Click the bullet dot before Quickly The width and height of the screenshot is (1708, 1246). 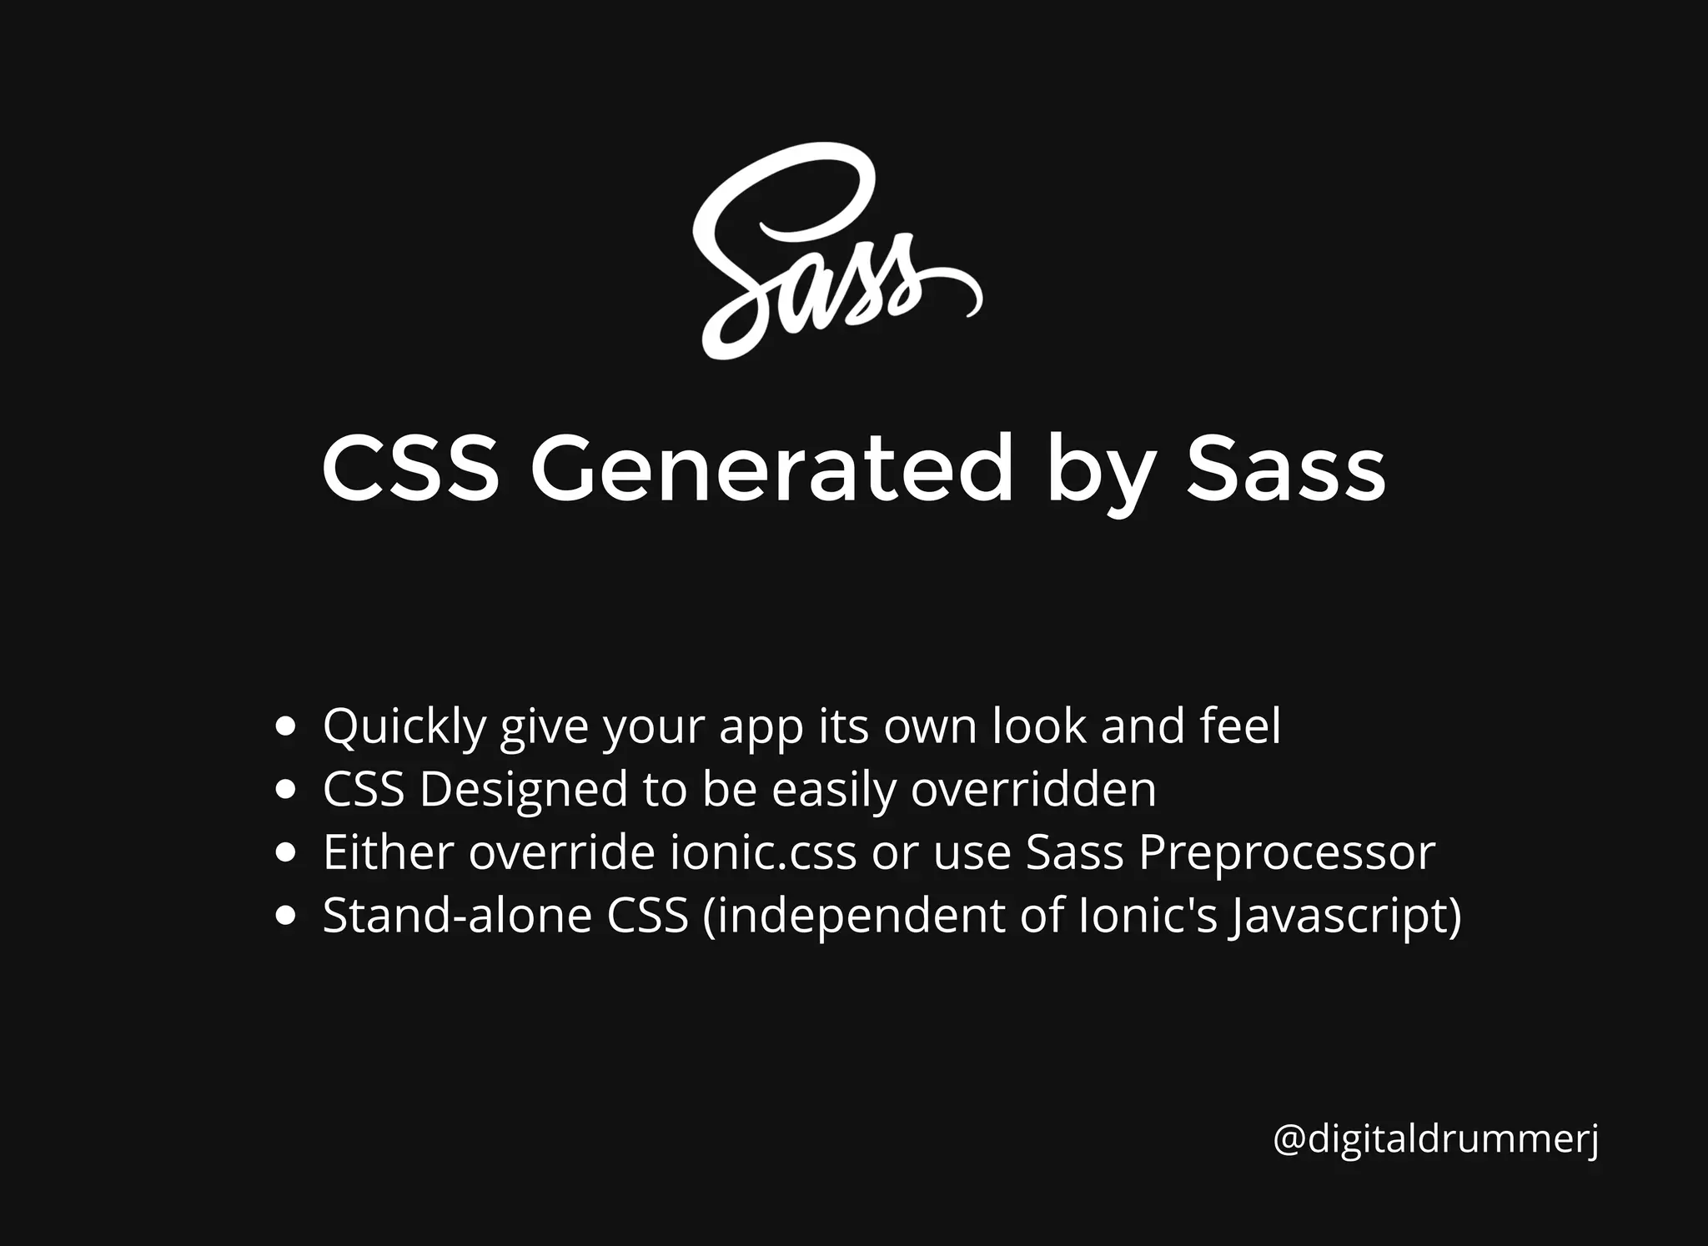[x=286, y=726]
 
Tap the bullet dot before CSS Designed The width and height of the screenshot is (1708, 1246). [x=286, y=790]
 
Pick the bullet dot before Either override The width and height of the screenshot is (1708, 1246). [x=286, y=852]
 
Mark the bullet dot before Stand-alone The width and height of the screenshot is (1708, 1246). [x=286, y=916]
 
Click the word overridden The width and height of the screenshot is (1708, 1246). [x=1033, y=789]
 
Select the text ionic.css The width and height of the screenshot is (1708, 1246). [x=763, y=852]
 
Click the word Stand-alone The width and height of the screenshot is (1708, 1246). [x=457, y=916]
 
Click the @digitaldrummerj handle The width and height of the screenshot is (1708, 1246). [x=1435, y=1139]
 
